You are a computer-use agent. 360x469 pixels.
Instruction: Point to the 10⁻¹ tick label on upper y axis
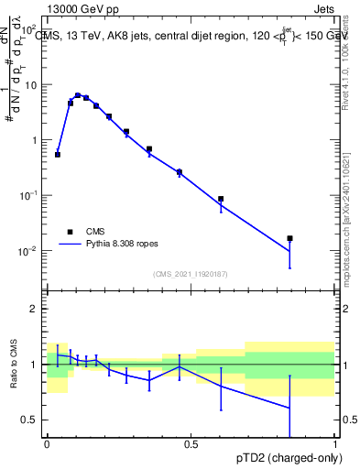coord(30,196)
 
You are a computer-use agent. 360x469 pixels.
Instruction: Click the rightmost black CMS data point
coord(289,238)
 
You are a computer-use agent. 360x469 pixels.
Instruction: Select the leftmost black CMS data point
coord(58,155)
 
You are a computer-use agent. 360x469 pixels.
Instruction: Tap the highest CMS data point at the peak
coord(78,94)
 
